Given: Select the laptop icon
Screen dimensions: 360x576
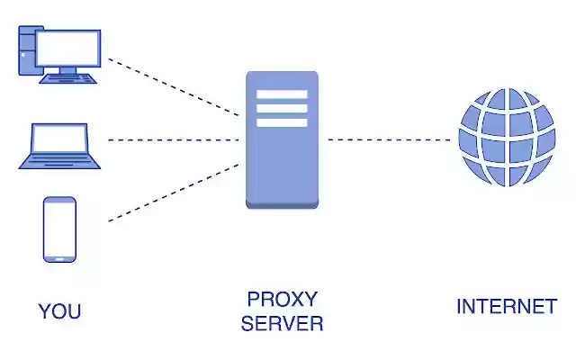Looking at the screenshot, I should (59, 146).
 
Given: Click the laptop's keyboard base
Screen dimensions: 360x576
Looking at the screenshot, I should (59, 163).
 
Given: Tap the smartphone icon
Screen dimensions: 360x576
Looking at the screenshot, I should (59, 229).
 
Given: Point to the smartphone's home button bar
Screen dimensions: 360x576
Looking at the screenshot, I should (59, 257).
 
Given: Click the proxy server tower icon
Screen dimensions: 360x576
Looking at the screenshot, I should (282, 139).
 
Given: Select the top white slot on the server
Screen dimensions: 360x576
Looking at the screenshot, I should (282, 94).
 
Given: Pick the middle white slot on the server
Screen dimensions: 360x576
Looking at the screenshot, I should (282, 108).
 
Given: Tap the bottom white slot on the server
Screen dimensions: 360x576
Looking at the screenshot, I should (282, 122).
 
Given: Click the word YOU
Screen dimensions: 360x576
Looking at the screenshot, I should (59, 311).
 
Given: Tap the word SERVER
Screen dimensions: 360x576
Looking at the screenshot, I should (282, 323).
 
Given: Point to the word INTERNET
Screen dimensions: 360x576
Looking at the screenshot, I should (506, 307).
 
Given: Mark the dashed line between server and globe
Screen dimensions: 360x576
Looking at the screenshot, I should (387, 139).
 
